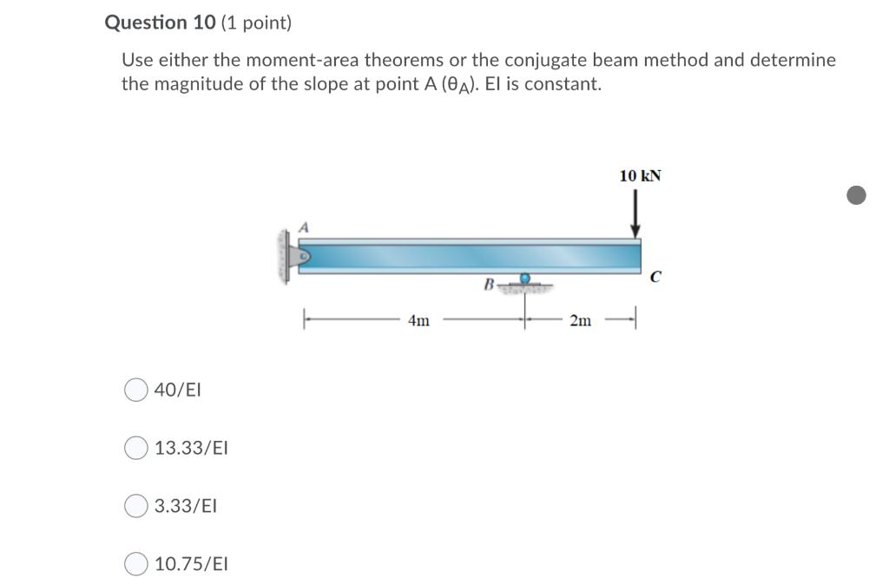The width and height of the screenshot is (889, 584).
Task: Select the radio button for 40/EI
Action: click(x=136, y=390)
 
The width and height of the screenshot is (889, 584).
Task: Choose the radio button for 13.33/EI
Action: click(x=136, y=448)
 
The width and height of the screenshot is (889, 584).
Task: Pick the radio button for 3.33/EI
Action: click(x=136, y=506)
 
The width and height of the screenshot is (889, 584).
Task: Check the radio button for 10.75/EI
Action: click(x=136, y=564)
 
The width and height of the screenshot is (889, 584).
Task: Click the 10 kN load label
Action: click(x=640, y=175)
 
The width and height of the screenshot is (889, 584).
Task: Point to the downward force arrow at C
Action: click(x=635, y=213)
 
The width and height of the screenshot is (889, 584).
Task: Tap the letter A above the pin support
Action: click(x=304, y=227)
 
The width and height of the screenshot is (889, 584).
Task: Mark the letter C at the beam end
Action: click(x=655, y=277)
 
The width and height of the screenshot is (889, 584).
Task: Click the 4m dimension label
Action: click(x=419, y=320)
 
